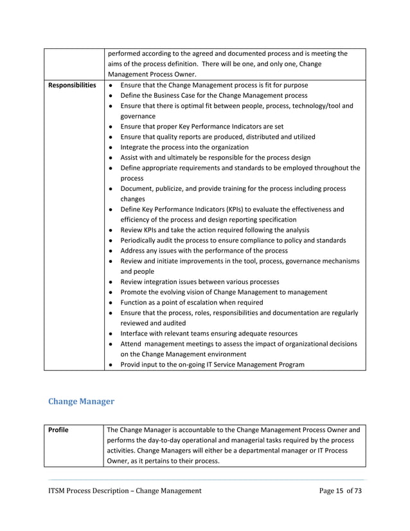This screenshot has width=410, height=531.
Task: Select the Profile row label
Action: click(58, 429)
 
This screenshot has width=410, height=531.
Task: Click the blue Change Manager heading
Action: click(81, 401)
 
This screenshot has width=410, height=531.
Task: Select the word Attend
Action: click(132, 344)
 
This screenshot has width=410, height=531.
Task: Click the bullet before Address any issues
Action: click(112, 251)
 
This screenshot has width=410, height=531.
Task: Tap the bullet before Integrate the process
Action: click(112, 147)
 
